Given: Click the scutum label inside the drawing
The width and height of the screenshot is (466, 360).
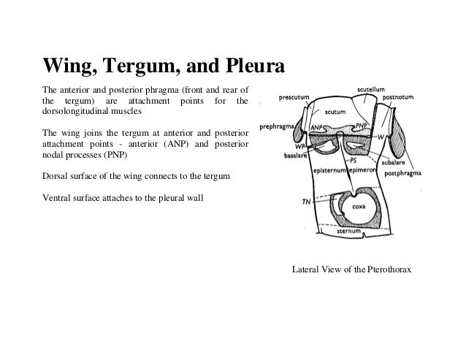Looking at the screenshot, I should pos(335,112).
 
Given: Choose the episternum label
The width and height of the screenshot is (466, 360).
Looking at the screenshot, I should pos(329,169).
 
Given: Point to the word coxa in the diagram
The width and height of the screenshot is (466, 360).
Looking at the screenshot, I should pos(359,207).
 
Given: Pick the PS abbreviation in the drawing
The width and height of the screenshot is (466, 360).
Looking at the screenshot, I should pos(354,158).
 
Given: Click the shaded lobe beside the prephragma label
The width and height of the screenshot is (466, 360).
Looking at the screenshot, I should pos(300,131).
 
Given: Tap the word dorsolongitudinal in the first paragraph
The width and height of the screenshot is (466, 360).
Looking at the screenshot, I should pos(71,113).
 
